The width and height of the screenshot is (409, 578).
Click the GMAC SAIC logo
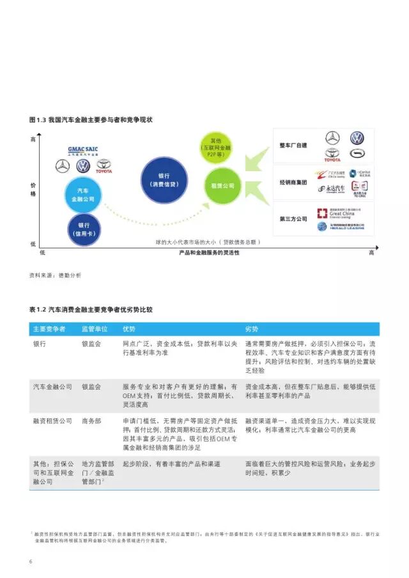[83, 151]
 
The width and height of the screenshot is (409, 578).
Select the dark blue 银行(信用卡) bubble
[84, 229]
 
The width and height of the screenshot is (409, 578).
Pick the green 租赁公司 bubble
[220, 185]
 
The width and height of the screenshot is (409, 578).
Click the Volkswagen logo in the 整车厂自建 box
[357, 139]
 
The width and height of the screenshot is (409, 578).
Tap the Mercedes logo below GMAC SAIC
[63, 167]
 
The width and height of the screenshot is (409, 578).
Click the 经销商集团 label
[293, 182]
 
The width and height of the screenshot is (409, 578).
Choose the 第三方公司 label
[293, 219]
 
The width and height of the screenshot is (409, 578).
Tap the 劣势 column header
[252, 328]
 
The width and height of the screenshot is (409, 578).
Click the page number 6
[31, 561]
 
